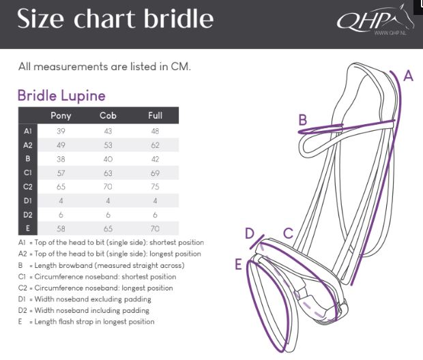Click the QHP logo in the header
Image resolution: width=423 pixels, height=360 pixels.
click(375, 20)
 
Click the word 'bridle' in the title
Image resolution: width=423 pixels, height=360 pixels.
click(179, 18)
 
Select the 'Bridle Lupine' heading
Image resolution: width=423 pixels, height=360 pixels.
click(61, 95)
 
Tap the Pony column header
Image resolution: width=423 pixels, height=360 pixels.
click(61, 115)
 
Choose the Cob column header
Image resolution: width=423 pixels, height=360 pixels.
click(108, 115)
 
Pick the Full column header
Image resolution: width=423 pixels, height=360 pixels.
click(155, 115)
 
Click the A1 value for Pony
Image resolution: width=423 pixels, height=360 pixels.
click(61, 131)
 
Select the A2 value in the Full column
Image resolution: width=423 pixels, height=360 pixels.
click(155, 145)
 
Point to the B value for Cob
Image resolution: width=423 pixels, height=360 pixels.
click(108, 159)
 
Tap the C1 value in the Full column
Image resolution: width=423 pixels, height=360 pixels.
click(155, 173)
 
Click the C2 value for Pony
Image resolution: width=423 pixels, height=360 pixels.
click(61, 187)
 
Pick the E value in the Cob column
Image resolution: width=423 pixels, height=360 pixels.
click(108, 228)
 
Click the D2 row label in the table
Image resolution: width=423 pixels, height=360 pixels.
click(28, 215)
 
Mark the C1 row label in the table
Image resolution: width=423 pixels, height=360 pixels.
click(28, 172)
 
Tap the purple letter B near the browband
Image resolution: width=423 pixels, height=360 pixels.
click(303, 119)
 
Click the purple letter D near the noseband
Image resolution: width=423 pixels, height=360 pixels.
click(250, 233)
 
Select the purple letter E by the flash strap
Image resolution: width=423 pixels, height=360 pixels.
click(238, 264)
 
